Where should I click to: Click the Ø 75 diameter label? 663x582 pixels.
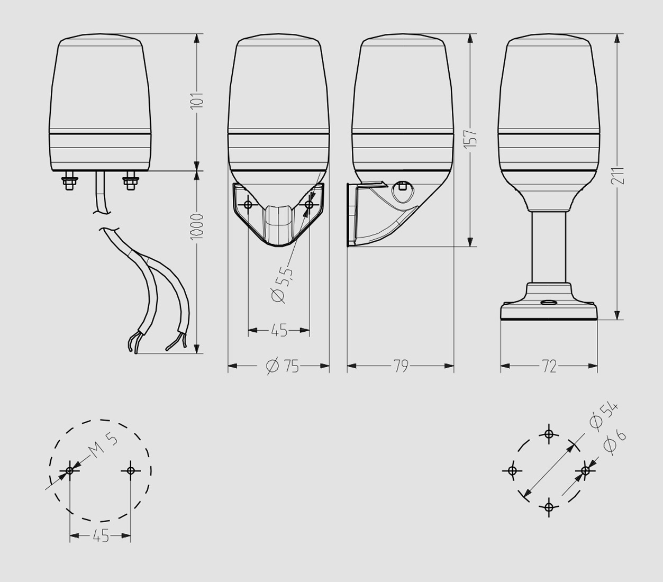[283, 366]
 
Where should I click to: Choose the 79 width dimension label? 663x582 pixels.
[401, 366]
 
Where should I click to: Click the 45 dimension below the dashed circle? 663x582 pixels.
[101, 536]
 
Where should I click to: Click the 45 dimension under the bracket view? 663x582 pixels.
[279, 330]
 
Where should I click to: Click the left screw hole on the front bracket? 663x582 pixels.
[248, 205]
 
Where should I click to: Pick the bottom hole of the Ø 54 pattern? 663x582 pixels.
[549, 507]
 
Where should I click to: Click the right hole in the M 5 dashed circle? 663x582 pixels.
[131, 471]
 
